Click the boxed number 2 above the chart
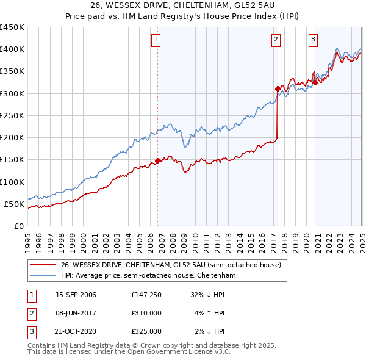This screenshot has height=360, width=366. pos(276,40)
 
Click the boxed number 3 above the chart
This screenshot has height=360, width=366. pos(313,40)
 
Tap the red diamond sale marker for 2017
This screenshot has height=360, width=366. pos(278,88)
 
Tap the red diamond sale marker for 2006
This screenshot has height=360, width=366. pos(157,160)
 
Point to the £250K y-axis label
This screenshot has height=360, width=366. pos(13,115)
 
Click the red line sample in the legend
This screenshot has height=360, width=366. pos(43,265)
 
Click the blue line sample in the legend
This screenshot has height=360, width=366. pos(43,276)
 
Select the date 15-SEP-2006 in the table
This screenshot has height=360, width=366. pos(76,295)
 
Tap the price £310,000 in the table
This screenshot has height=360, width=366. pos(146,313)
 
